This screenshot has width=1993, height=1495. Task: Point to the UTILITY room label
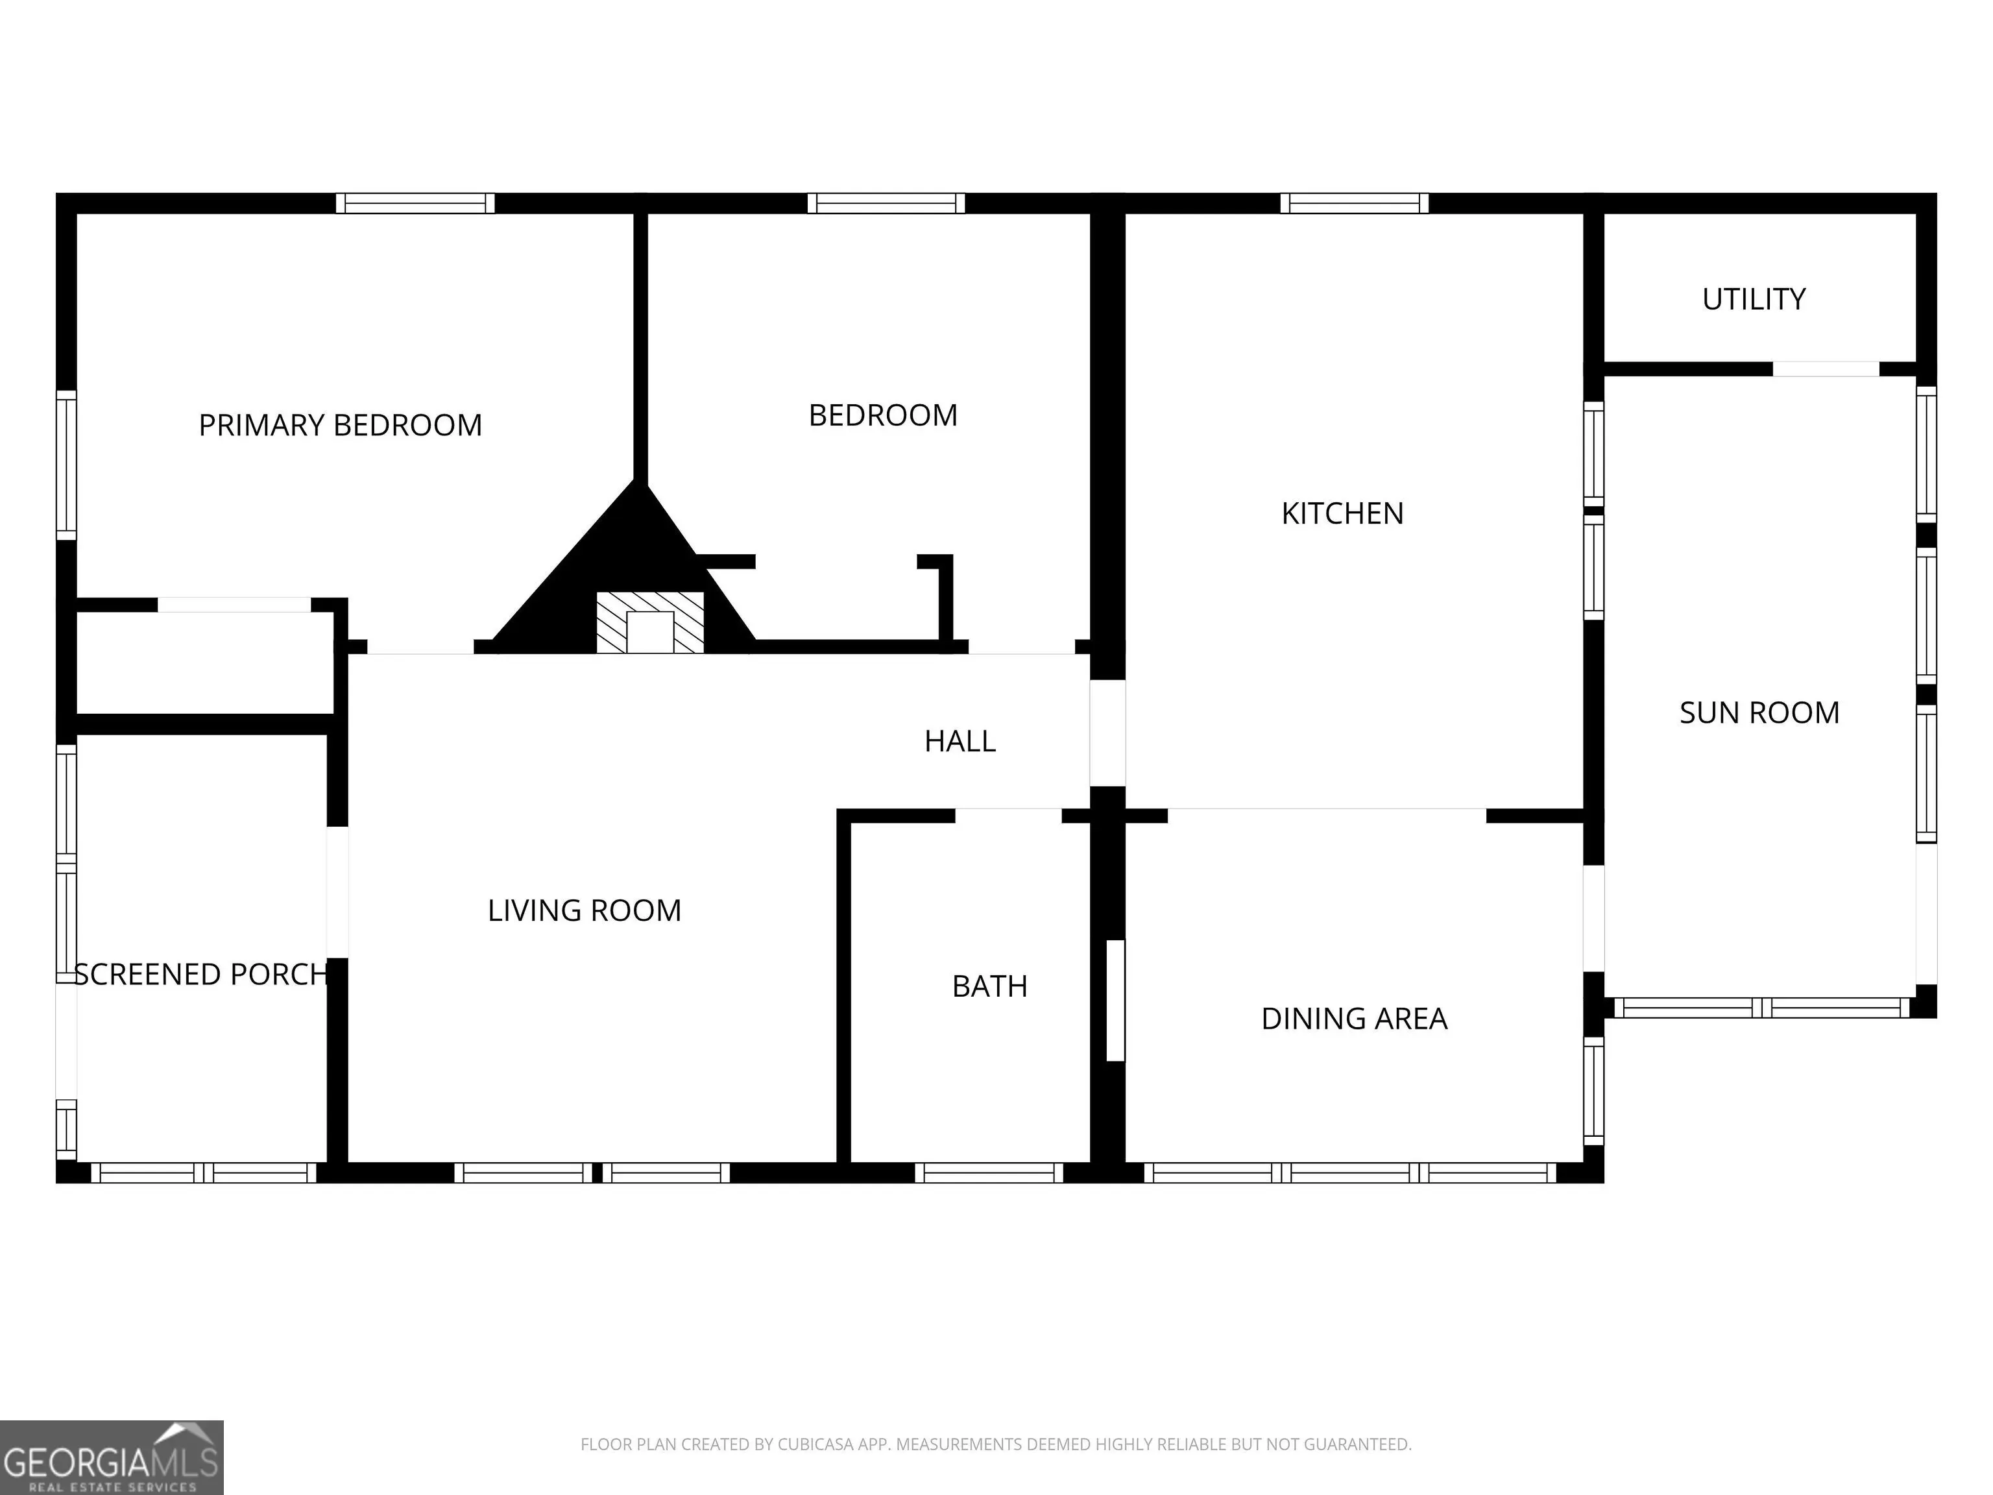(x=1754, y=299)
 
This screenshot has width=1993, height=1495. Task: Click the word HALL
(x=960, y=742)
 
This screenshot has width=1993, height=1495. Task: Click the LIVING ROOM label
(x=584, y=911)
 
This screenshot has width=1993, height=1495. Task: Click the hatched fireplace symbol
(x=649, y=622)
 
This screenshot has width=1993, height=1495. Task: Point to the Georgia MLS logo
(x=112, y=1457)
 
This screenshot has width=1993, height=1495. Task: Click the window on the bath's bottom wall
(x=989, y=1173)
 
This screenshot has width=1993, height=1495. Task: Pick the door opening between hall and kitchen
(x=1107, y=733)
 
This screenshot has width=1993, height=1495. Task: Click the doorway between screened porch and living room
(x=337, y=892)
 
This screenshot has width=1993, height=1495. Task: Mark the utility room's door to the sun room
(x=1826, y=369)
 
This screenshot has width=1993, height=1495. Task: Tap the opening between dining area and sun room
(x=1594, y=918)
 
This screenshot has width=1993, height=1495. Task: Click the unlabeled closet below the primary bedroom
(x=206, y=662)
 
